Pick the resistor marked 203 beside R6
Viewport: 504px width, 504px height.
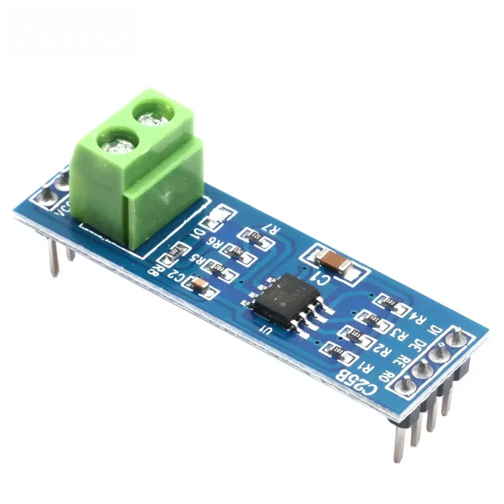point(238,251)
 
